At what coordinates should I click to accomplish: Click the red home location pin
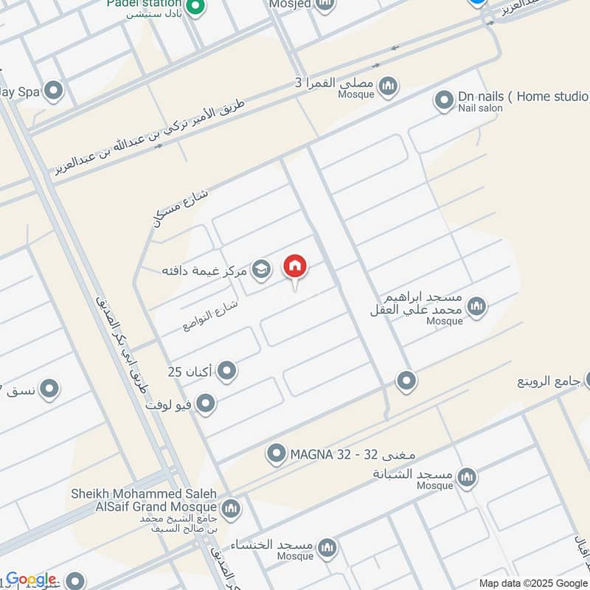click(296, 267)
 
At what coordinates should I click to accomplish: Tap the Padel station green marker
click(194, 8)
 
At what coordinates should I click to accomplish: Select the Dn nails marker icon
click(444, 100)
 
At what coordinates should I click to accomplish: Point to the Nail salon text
click(480, 108)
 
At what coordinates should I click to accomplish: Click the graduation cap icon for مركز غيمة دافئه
click(260, 270)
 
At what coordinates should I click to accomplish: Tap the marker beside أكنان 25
click(226, 371)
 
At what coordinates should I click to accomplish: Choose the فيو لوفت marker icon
click(206, 403)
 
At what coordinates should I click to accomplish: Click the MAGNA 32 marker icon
click(277, 453)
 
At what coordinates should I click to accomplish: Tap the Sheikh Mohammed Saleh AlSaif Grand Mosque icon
click(231, 508)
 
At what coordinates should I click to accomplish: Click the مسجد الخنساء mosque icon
click(327, 548)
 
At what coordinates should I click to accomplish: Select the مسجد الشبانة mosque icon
click(466, 478)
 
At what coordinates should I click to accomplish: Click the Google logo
click(31, 579)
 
